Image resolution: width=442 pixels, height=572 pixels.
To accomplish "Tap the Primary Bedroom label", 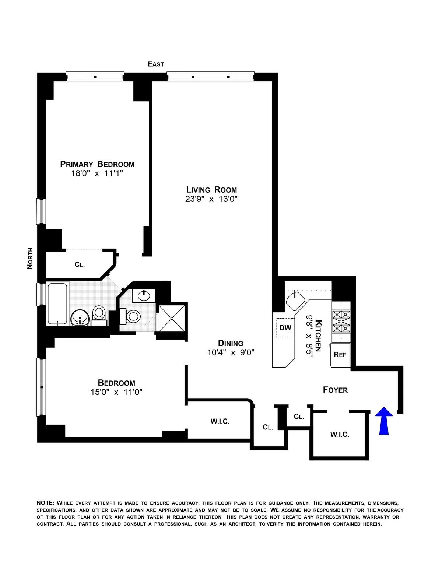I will pos(97,164).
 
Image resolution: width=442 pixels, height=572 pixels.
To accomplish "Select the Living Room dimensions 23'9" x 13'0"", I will pos(211,199).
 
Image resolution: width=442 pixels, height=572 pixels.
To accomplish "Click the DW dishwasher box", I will pos(285,327).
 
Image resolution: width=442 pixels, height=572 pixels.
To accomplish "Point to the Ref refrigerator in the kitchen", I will pos(340,355).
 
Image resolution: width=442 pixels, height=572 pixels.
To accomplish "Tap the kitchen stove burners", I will pos(341,322).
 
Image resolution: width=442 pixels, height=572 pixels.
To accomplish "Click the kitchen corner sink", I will pos(296,300).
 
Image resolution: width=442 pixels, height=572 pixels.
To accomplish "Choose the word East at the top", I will pos(156,64).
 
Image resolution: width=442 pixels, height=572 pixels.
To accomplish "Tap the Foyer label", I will pos(335,390).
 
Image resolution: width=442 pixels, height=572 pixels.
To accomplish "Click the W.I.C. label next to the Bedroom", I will pos(220,421).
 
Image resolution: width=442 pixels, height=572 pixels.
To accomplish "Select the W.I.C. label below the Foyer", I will pos(339,435).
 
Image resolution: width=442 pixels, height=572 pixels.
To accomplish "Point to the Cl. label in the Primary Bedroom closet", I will pos(80,264).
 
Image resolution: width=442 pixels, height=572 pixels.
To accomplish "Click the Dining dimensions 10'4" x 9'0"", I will pos(231,352).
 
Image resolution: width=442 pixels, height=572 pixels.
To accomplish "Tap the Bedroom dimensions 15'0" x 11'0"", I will pos(116,392).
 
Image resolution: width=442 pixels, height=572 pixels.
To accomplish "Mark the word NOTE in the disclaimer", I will pos(45,503).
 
